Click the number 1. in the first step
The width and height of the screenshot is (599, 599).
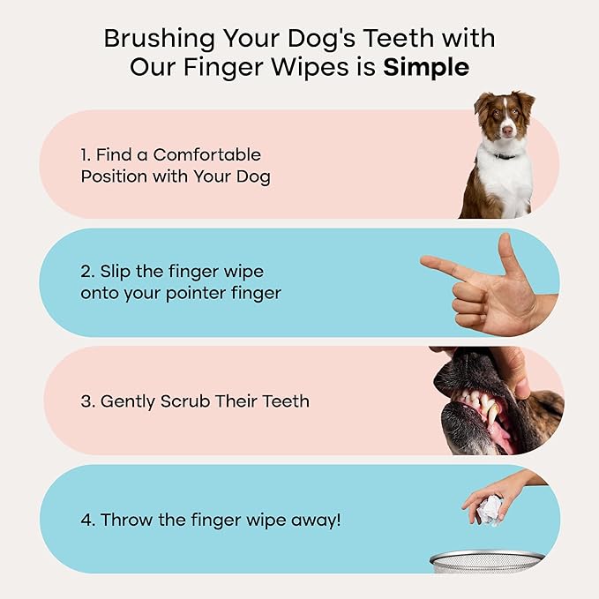pyautogui.click(x=86, y=154)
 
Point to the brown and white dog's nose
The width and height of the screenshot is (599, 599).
pyautogui.click(x=506, y=131)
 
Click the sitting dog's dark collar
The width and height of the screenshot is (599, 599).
pyautogui.click(x=506, y=156)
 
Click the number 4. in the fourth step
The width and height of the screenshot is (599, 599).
pyautogui.click(x=87, y=520)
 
